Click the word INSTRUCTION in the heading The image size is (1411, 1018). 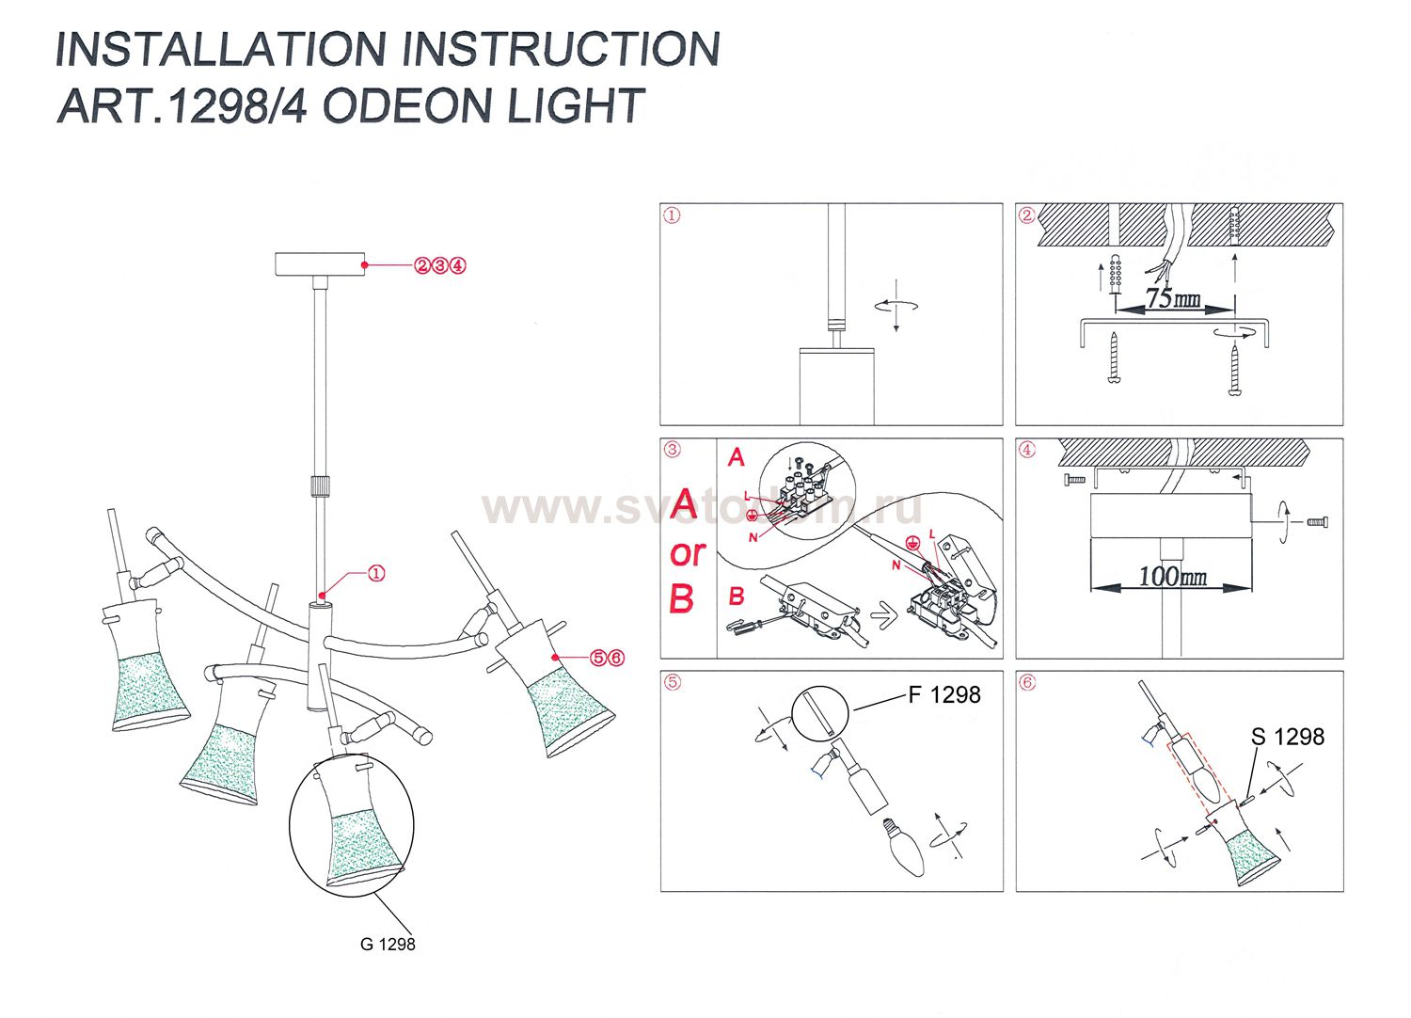562,49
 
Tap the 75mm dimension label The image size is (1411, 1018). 1172,299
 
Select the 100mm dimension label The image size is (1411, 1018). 1172,576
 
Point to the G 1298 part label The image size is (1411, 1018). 388,944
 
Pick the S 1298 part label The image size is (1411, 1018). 1287,737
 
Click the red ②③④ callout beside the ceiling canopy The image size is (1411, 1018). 439,265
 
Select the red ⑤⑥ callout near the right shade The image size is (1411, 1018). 607,658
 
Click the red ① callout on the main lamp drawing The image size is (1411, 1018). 375,573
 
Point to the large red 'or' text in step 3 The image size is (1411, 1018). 688,553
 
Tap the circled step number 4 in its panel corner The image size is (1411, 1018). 1027,450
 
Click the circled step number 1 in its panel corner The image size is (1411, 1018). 672,215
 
